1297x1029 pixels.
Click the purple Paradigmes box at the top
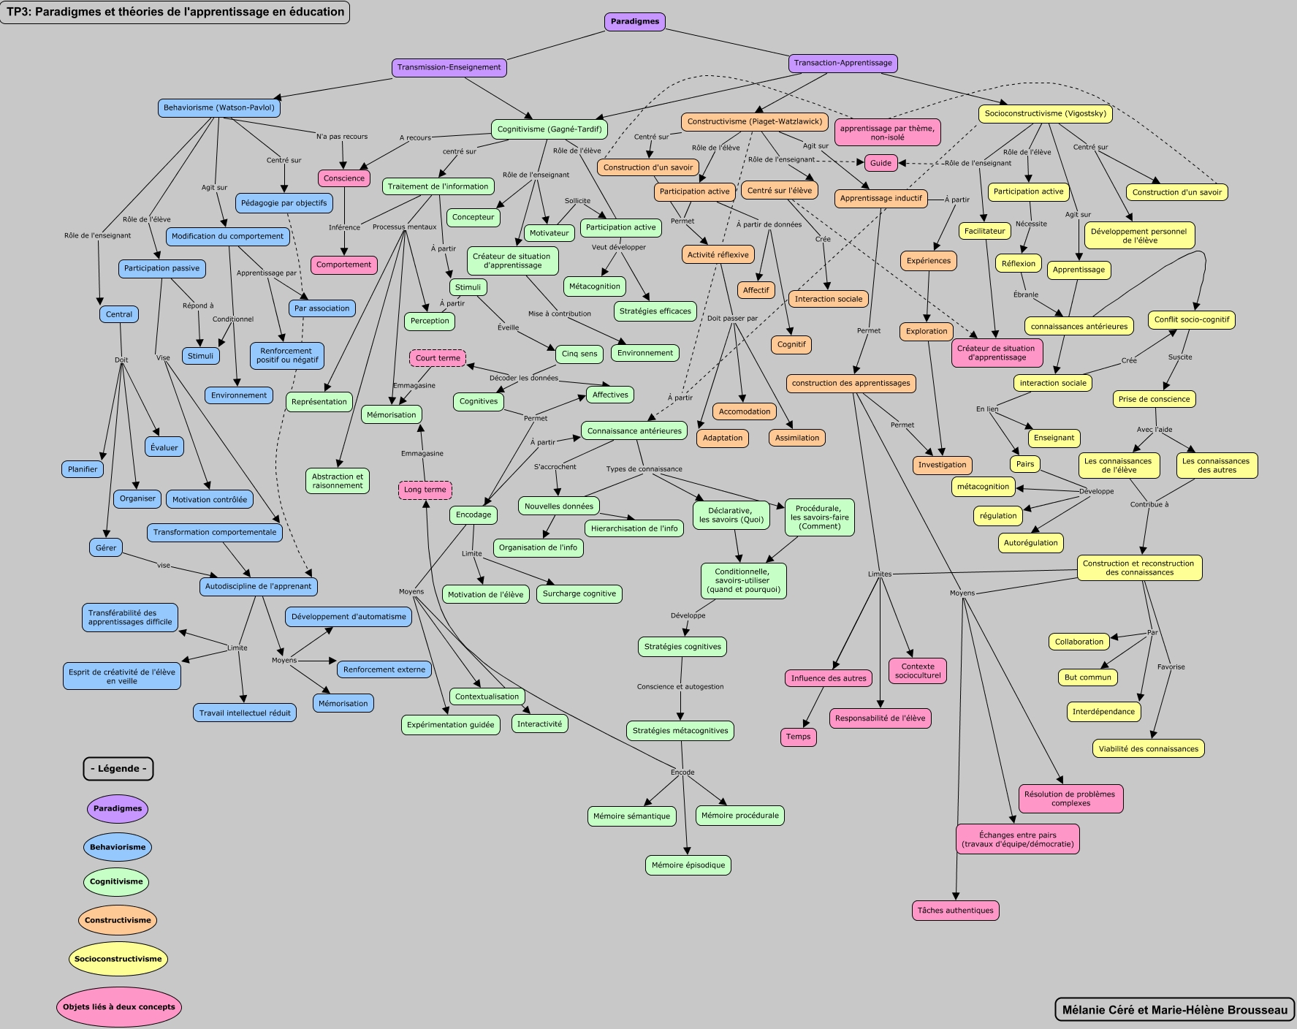coord(634,22)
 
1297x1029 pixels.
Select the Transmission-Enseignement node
coord(449,67)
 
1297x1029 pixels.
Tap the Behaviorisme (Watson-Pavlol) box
coord(219,107)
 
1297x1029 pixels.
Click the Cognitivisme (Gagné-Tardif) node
coord(549,129)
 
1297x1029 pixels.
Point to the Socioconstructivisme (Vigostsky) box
coord(1045,113)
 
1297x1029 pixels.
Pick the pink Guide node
coord(880,163)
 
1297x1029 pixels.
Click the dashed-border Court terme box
coord(438,358)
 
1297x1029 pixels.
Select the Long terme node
coord(425,490)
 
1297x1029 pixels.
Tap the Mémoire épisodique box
coord(688,865)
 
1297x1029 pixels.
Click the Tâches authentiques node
coord(955,911)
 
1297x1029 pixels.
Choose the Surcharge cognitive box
coord(579,593)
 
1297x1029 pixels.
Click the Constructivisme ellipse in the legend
coord(118,920)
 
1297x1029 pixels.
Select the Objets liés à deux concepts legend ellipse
coord(118,1006)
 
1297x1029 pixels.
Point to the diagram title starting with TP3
coord(175,12)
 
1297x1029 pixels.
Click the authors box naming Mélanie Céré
coord(1174,1010)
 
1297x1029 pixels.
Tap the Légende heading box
coord(118,769)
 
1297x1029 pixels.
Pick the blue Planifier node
coord(83,469)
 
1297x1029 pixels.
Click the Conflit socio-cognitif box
coord(1191,319)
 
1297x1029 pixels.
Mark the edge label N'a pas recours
coord(342,137)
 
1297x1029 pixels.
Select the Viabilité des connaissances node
coord(1148,748)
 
